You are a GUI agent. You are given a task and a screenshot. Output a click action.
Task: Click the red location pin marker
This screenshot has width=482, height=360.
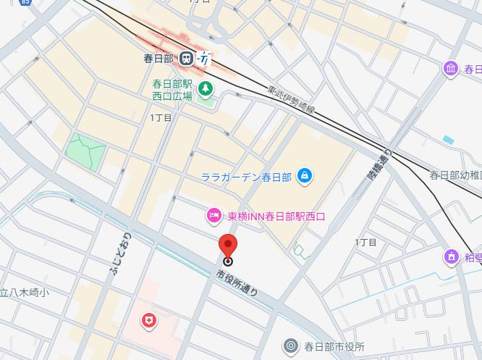228,247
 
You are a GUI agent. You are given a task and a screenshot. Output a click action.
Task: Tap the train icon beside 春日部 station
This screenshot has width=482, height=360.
187,58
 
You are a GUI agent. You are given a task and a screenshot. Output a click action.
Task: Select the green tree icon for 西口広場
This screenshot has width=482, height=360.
206,88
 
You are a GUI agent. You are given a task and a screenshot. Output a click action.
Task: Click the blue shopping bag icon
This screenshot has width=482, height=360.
305,175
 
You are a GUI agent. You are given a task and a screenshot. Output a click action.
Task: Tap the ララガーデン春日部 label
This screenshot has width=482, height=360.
246,176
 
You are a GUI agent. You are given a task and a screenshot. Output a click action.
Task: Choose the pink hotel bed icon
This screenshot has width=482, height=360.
213,215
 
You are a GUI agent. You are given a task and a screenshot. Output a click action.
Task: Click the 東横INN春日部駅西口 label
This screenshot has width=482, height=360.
276,216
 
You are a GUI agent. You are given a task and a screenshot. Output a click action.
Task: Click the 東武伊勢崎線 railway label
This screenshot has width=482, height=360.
291,101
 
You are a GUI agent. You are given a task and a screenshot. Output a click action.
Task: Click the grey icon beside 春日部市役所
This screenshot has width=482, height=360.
291,346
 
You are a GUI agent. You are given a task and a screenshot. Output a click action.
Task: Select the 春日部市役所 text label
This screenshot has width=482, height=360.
334,347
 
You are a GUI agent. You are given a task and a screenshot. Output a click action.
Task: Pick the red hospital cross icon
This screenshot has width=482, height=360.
149,320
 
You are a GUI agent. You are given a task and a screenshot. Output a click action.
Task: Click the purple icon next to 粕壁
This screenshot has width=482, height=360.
452,256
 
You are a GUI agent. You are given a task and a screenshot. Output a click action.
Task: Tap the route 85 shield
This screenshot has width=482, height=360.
26,3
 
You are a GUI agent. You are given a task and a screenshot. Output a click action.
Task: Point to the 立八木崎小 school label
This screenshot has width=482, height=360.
24,293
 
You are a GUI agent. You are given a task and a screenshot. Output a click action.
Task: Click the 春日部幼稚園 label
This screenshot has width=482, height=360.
455,175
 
